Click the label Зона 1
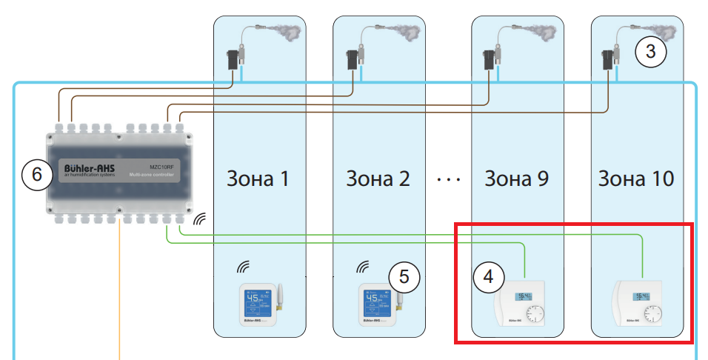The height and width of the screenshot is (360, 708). [x=259, y=179]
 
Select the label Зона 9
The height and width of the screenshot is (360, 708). [x=517, y=179]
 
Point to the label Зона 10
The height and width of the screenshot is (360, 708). [x=636, y=179]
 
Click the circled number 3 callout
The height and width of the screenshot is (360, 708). [x=651, y=52]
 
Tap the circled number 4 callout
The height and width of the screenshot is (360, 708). [x=488, y=276]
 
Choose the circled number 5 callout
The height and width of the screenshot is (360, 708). [x=404, y=276]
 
